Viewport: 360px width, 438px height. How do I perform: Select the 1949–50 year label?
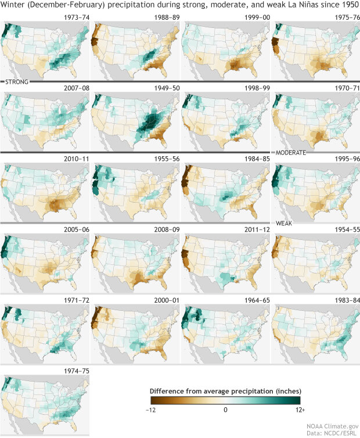pos(164,86)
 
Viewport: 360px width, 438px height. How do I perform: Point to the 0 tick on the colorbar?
pos(225,410)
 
